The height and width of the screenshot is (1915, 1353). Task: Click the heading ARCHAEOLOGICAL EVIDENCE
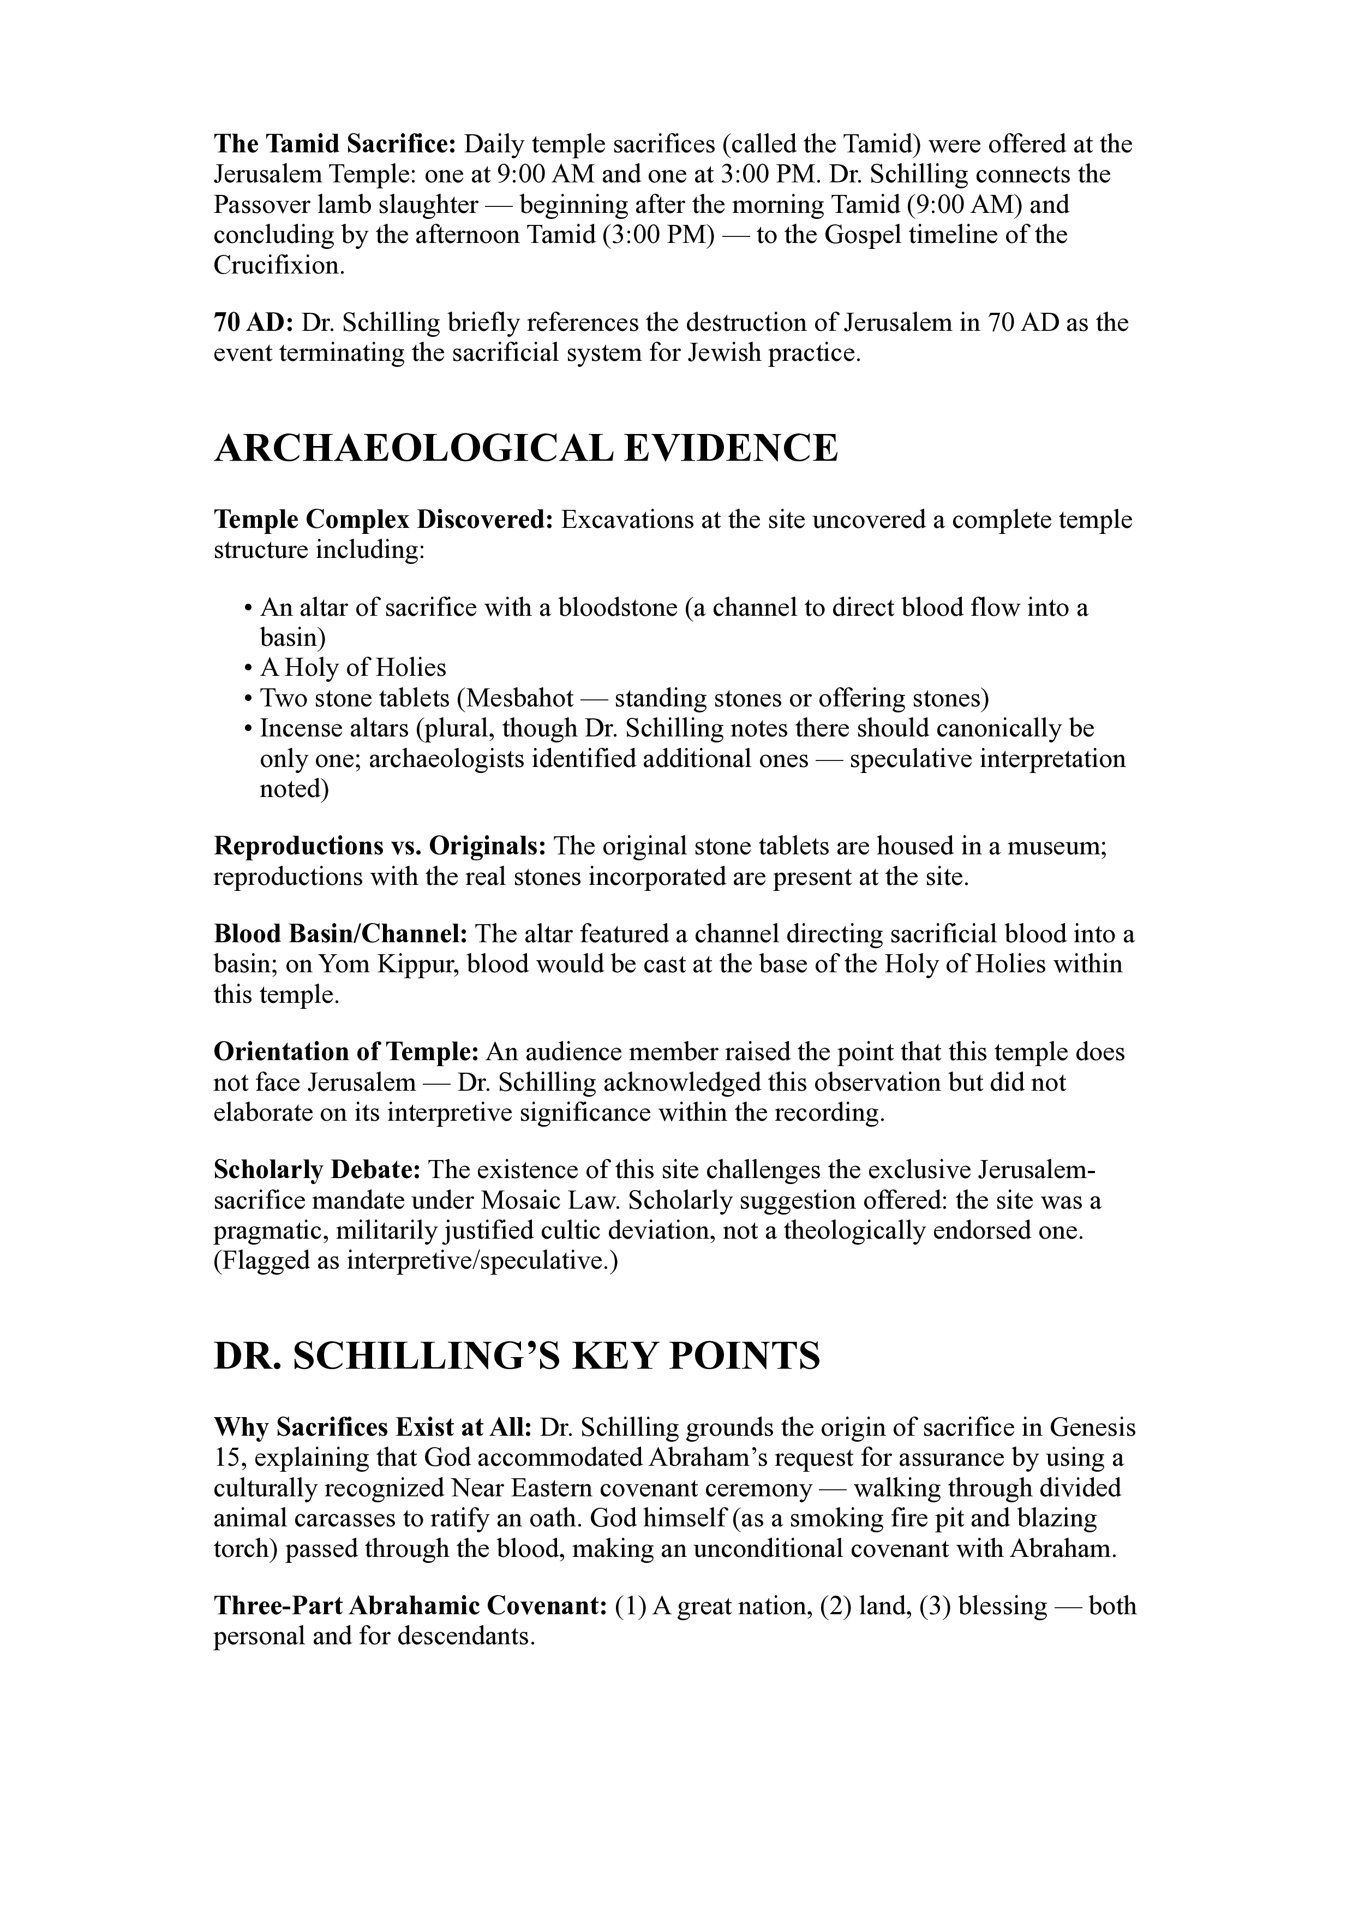pos(525,449)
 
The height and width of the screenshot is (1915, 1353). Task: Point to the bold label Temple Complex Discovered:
pos(384,520)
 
